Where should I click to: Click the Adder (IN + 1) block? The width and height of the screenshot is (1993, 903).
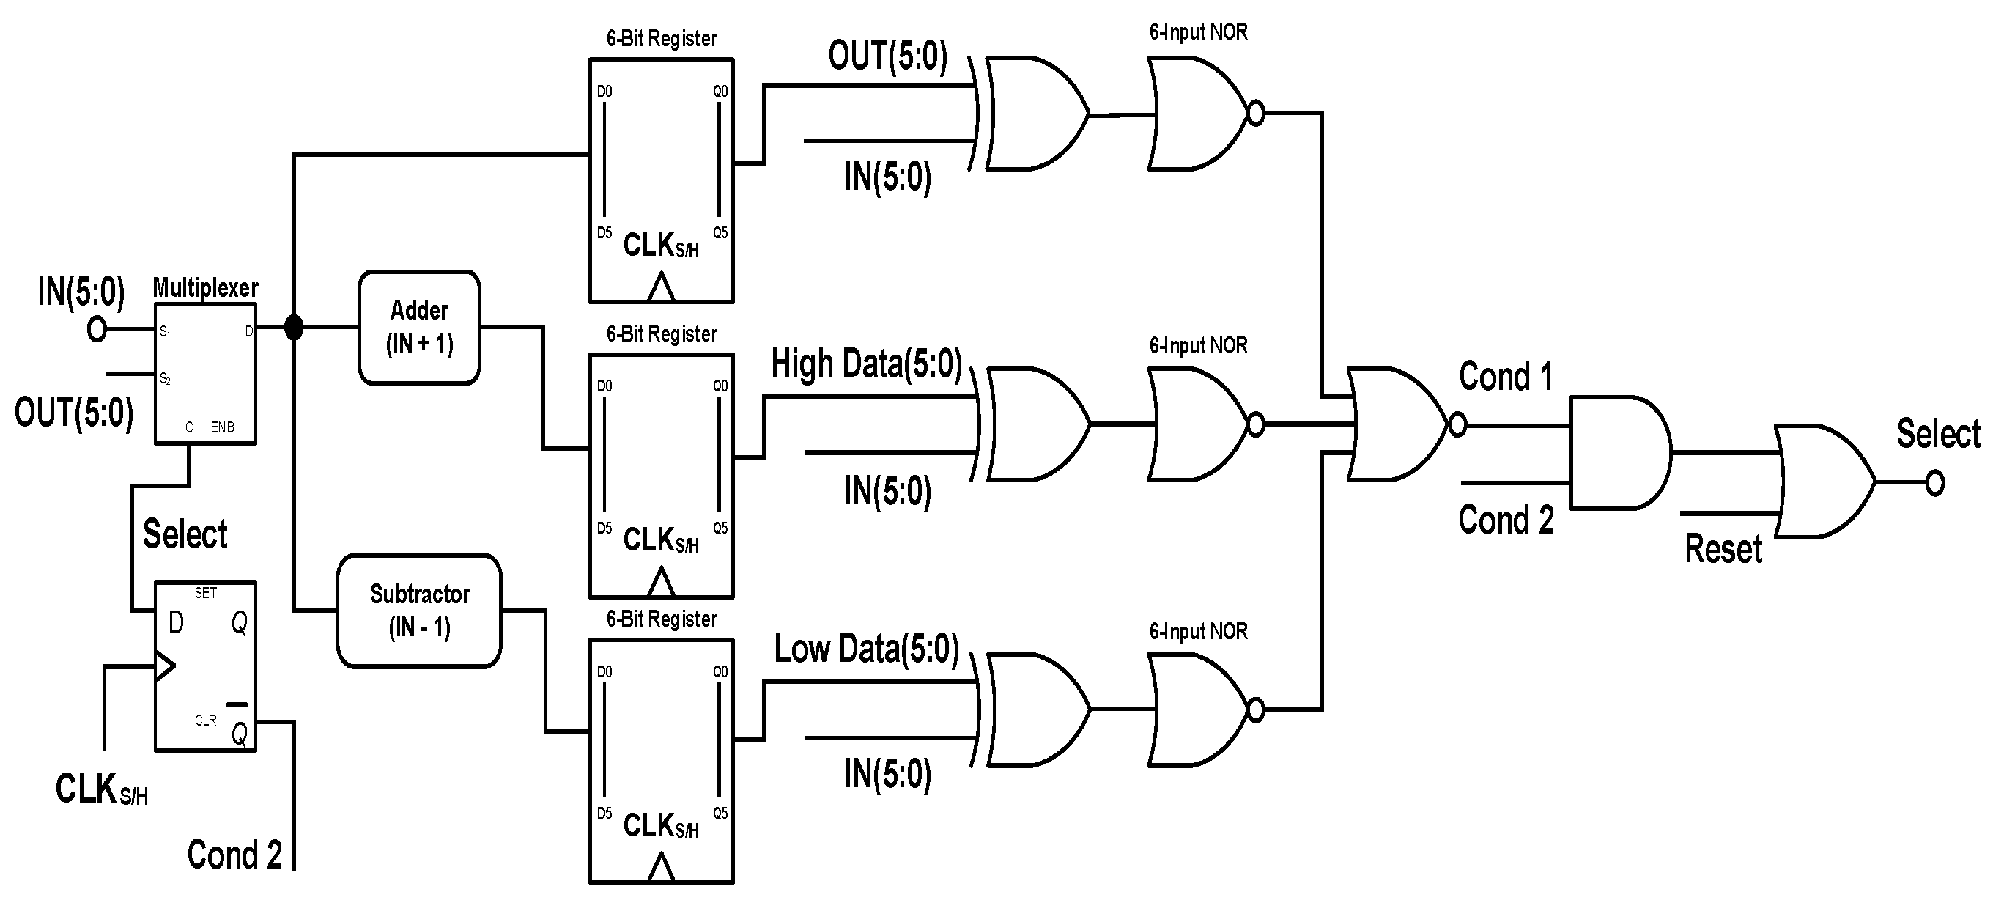pyautogui.click(x=418, y=328)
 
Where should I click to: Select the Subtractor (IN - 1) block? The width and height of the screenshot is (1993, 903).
pyautogui.click(x=418, y=611)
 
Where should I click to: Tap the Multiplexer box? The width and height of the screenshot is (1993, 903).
pyautogui.click(x=205, y=374)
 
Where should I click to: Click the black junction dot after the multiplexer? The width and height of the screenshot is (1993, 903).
pyautogui.click(x=293, y=328)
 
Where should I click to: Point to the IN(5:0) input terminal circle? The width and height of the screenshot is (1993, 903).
pyautogui.click(x=97, y=330)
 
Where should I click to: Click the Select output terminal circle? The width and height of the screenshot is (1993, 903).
pyautogui.click(x=1935, y=484)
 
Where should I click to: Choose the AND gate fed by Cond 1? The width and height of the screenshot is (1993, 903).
pyautogui.click(x=1618, y=453)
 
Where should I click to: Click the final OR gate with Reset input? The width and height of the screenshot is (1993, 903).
pyautogui.click(x=1822, y=482)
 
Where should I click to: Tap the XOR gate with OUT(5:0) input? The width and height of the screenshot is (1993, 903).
pyautogui.click(x=1033, y=114)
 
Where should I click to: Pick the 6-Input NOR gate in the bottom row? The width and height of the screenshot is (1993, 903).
pyautogui.click(x=1199, y=709)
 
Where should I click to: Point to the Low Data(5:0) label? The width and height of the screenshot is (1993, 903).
pyautogui.click(x=866, y=649)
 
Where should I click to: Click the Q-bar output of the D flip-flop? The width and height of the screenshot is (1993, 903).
pyautogui.click(x=240, y=731)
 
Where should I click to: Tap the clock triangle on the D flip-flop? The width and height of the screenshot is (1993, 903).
pyautogui.click(x=165, y=666)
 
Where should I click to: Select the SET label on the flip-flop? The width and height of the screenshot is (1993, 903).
pyautogui.click(x=206, y=593)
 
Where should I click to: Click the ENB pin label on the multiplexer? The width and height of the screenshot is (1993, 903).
pyautogui.click(x=222, y=427)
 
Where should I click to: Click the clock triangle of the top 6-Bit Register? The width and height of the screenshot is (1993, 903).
pyautogui.click(x=661, y=288)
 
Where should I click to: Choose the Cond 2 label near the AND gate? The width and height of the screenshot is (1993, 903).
pyautogui.click(x=1506, y=519)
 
